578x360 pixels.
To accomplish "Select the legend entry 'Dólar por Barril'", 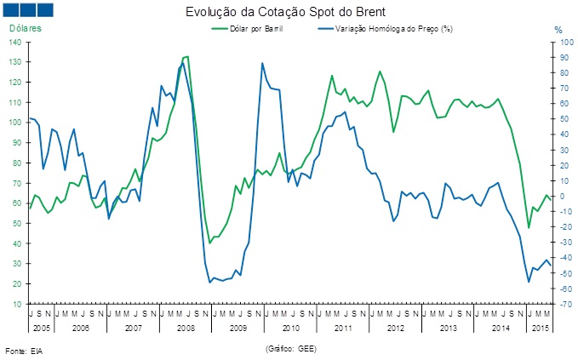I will pyautogui.click(x=256, y=29).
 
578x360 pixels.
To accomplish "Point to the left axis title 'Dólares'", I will pyautogui.click(x=26, y=29).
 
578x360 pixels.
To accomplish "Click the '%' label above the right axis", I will pyautogui.click(x=558, y=30).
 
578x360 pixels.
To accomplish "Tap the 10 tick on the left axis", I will pyautogui.click(x=18, y=304).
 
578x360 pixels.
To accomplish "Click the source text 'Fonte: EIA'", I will pyautogui.click(x=24, y=351).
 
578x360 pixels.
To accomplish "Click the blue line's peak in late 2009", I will pyautogui.click(x=263, y=63).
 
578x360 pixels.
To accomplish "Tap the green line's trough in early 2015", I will pyautogui.click(x=529, y=228).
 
